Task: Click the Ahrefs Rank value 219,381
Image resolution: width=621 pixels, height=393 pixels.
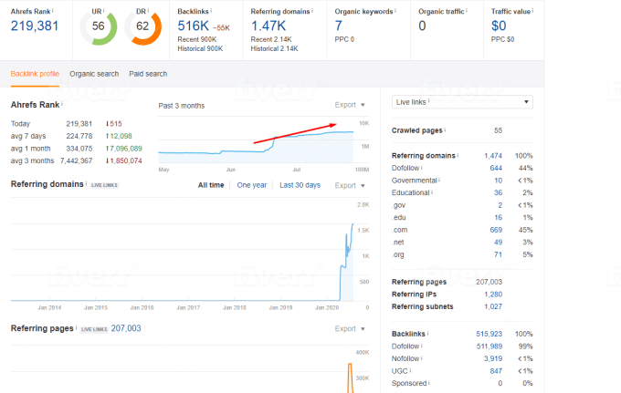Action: coord(35,26)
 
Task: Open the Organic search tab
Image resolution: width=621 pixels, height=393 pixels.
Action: coord(94,74)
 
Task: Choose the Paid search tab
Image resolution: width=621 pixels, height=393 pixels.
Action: coord(148,74)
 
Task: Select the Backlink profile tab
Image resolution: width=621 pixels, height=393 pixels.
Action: coord(35,74)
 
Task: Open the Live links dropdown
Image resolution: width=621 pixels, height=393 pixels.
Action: coord(462,102)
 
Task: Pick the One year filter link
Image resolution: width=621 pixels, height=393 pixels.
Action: coord(251,185)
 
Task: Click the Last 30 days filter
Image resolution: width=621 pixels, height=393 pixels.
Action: coord(300,185)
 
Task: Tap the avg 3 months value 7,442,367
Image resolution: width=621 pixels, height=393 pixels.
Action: coord(79,160)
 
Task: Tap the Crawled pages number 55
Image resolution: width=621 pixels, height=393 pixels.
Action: coord(498,130)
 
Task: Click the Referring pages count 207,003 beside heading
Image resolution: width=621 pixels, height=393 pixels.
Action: coord(126,328)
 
